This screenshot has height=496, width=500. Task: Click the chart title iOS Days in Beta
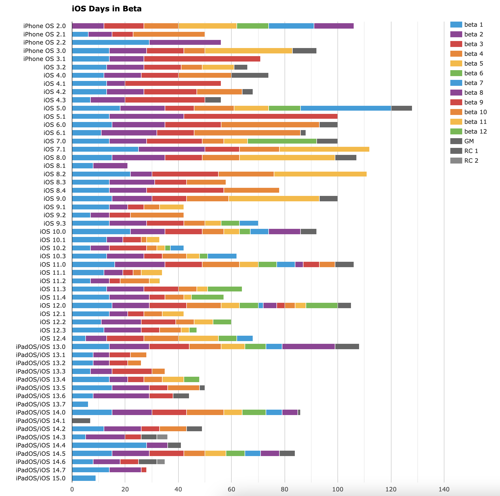coord(107,9)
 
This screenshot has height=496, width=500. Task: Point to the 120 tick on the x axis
coord(391,489)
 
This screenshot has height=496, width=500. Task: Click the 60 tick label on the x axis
coord(231,489)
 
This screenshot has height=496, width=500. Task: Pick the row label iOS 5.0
coord(55,108)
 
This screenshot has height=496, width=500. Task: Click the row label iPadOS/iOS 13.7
coord(40,404)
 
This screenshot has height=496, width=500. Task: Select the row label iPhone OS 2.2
coord(44,42)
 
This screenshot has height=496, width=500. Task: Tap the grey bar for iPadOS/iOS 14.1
coord(81,420)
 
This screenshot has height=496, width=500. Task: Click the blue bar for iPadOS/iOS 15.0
coord(84,478)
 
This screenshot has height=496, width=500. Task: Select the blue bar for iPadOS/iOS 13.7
coord(80,404)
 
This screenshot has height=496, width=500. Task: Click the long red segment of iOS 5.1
coord(261,116)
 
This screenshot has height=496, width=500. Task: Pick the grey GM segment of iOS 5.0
coord(401,108)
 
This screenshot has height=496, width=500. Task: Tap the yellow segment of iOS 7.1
coord(324,149)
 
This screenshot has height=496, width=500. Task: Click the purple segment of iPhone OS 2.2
coord(185,42)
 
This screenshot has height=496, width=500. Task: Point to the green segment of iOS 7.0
coord(282,141)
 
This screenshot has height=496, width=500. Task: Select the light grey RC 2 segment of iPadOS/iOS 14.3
coord(162,437)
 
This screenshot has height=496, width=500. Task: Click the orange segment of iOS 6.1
coord(247,133)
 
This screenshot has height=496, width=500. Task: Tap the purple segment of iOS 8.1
coord(110,166)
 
